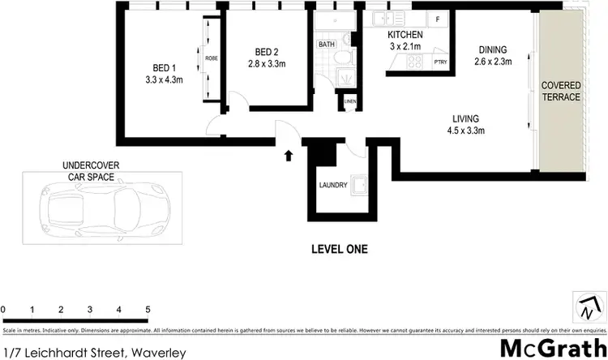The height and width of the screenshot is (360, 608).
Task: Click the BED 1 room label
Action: click(x=164, y=68)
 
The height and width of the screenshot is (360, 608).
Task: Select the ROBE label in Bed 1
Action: click(x=211, y=58)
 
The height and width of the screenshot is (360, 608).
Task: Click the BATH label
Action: click(x=327, y=45)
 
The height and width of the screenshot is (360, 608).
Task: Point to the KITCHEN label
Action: click(x=405, y=36)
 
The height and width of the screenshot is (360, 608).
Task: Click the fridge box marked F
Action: click(x=439, y=19)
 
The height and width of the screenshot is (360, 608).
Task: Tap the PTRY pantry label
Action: click(x=441, y=62)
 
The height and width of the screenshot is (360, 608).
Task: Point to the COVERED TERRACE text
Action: click(x=561, y=90)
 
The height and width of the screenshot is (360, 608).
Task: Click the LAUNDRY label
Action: click(x=332, y=185)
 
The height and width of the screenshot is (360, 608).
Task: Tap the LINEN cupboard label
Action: click(x=349, y=101)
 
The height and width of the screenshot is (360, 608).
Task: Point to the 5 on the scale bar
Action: click(x=148, y=310)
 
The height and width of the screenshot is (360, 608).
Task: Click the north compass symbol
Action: click(x=589, y=308)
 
